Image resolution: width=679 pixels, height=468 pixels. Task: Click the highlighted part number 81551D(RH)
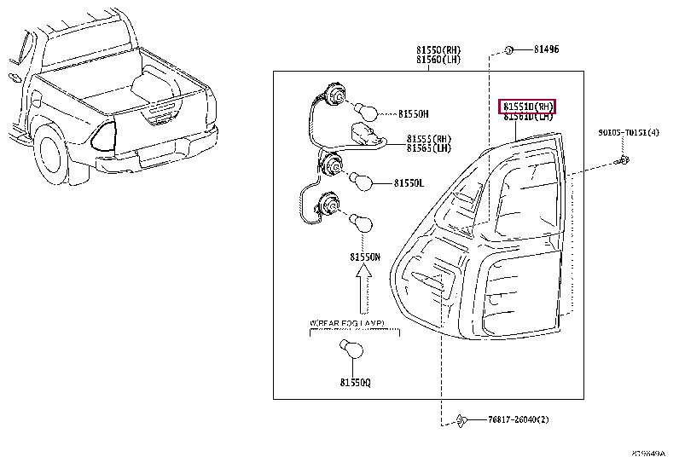point(527,107)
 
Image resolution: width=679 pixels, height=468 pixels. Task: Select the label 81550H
point(414,113)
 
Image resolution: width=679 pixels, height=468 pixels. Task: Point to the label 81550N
point(365,257)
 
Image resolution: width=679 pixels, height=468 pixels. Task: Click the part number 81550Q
point(355,383)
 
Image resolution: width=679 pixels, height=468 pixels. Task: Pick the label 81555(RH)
point(430,138)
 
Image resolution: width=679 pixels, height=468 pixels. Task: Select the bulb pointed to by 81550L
point(358,182)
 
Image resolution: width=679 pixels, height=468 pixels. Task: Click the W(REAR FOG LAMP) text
point(345,323)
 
